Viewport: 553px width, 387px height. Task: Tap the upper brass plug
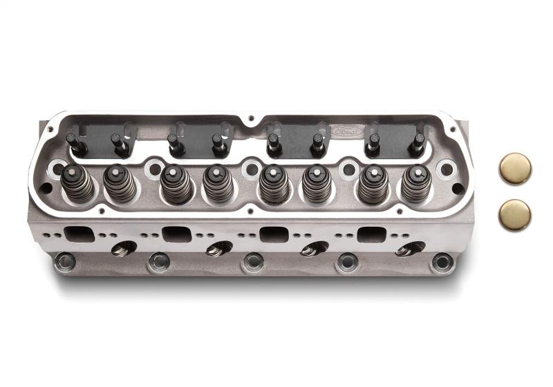515,169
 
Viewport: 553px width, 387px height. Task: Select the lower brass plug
515,215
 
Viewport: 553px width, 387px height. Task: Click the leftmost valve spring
77,183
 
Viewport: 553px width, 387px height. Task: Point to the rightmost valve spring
416,183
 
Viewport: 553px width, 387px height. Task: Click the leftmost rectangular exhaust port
79,234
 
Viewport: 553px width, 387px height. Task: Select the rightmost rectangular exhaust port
373,234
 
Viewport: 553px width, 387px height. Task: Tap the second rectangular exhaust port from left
177,234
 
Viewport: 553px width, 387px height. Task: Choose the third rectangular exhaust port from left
275,234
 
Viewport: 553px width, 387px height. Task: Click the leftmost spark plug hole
124,248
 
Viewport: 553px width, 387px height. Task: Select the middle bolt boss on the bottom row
253,262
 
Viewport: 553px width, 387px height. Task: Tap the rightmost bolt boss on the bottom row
442,262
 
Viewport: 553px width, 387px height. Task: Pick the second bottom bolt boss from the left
159,262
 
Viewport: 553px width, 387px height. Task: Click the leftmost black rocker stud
74,144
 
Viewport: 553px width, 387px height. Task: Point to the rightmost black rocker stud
417,144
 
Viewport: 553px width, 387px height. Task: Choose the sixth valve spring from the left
317,184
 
